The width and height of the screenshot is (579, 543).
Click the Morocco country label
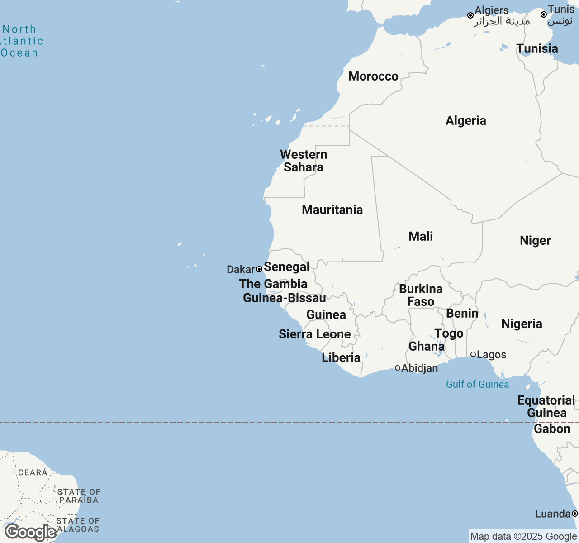(373, 76)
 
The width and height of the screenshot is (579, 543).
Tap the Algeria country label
(465, 120)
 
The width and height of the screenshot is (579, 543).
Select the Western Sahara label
(304, 161)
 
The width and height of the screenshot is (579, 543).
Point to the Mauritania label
(332, 210)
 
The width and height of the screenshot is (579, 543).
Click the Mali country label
(420, 236)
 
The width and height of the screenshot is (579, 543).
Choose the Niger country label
(535, 240)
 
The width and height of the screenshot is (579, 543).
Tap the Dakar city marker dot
(259, 269)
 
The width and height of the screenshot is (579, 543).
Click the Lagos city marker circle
(473, 354)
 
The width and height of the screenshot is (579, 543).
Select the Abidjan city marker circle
(398, 368)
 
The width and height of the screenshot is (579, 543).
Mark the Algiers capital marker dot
(470, 15)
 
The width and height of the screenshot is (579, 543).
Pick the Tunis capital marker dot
(544, 14)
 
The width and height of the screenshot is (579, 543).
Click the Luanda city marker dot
(574, 514)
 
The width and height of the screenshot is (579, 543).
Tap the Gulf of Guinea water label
(477, 384)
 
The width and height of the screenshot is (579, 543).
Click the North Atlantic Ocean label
(20, 41)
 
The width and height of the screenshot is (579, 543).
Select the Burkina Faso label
(421, 295)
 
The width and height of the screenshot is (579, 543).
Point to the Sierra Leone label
(314, 334)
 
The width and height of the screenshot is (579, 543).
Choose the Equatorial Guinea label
(546, 406)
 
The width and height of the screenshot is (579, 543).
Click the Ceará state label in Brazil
(33, 472)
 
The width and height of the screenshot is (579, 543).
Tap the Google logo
(30, 533)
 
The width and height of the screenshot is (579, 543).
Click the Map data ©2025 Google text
(523, 537)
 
